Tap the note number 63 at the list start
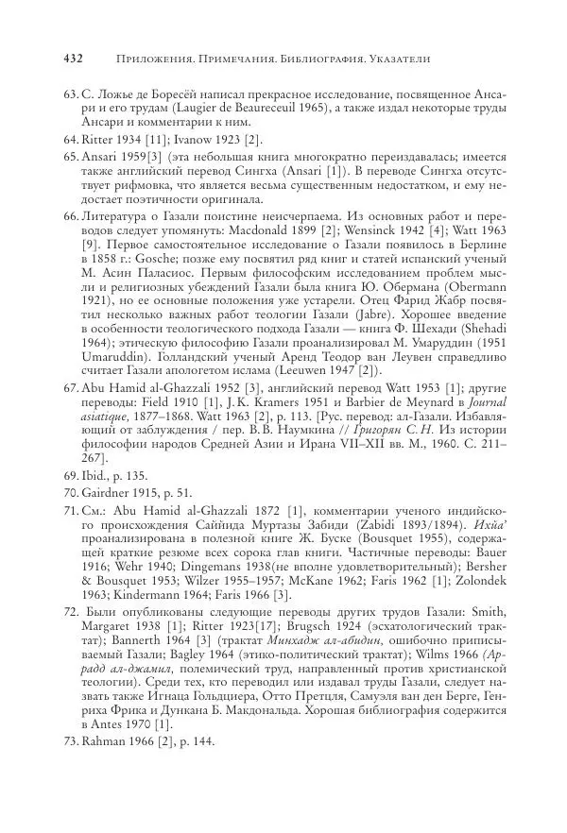69,95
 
